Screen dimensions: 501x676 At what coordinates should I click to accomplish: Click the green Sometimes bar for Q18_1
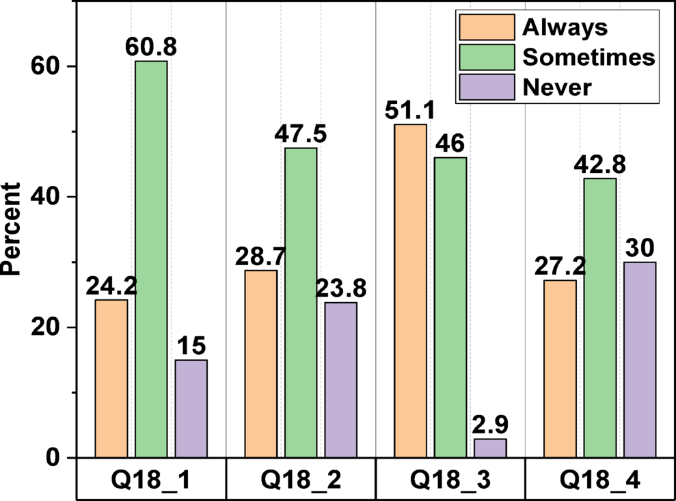tap(151, 260)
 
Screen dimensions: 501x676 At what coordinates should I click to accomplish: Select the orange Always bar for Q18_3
tap(410, 291)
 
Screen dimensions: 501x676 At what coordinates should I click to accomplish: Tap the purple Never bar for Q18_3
tap(490, 448)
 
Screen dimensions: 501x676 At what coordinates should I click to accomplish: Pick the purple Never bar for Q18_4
tap(640, 360)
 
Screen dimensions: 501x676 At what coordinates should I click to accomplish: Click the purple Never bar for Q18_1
tap(191, 409)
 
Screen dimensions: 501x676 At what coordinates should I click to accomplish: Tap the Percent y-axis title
tap(12, 230)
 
